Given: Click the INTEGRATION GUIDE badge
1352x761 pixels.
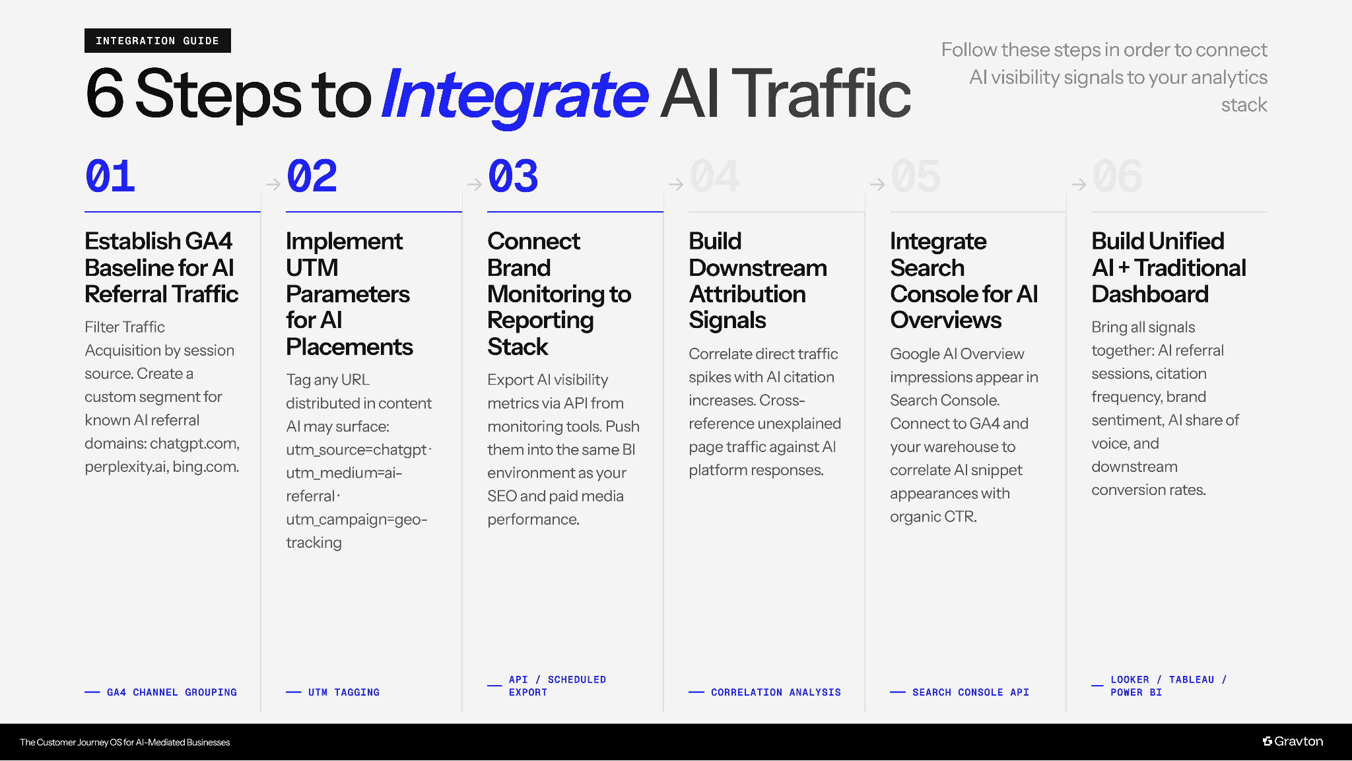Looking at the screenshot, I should [x=157, y=41].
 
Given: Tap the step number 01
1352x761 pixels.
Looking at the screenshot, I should [x=110, y=177].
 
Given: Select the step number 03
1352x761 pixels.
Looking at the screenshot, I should [x=513, y=177].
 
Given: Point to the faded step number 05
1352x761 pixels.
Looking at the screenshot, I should [x=916, y=177].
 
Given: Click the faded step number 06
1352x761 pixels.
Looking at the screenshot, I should [x=1117, y=177].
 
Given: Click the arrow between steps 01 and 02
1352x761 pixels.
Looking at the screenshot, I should [x=273, y=184].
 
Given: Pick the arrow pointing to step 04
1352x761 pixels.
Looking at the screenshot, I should [x=675, y=184].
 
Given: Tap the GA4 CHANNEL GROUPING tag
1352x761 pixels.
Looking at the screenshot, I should [x=172, y=692].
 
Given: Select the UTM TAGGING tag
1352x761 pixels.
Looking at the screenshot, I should [x=343, y=692].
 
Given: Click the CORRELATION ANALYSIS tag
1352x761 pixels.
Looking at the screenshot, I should [x=776, y=692].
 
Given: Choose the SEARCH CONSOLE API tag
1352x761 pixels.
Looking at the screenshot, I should [x=970, y=692].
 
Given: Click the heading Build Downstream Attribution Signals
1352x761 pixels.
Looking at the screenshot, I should [x=757, y=281].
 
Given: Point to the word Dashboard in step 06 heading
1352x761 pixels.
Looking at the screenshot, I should [x=1149, y=294].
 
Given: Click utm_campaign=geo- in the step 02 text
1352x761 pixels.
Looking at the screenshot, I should [x=356, y=519].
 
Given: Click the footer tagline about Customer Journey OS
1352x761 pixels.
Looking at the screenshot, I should [x=125, y=743].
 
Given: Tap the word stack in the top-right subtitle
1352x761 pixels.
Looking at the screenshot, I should [x=1244, y=105].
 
